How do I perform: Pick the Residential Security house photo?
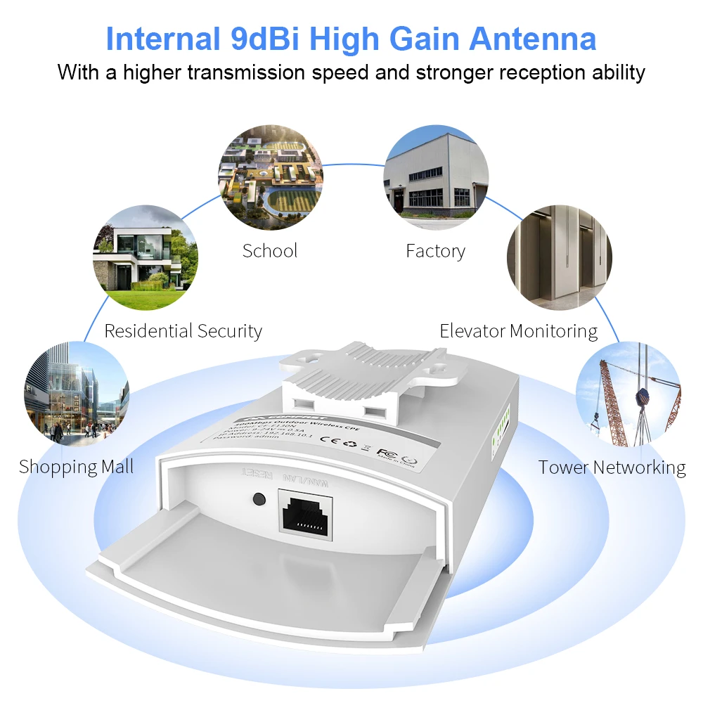(x=146, y=257)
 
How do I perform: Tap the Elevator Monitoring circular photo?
(x=560, y=257)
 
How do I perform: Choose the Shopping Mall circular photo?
(x=77, y=393)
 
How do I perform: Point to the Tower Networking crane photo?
(x=628, y=393)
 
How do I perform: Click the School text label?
(x=270, y=251)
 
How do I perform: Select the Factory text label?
(x=435, y=251)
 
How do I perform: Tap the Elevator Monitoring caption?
(x=519, y=331)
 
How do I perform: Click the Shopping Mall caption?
(x=77, y=467)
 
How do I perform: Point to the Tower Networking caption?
(x=612, y=467)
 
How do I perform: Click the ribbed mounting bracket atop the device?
(x=373, y=373)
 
